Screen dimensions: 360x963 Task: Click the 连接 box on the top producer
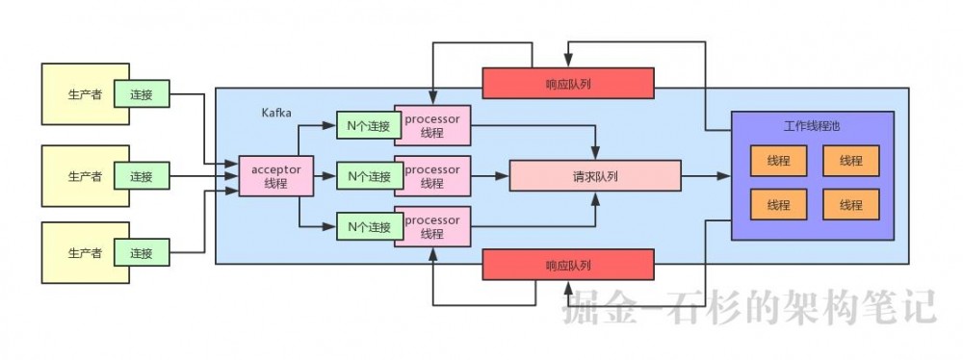[142, 94]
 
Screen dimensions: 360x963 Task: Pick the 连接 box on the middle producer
[142, 176]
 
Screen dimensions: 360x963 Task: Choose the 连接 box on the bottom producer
[142, 253]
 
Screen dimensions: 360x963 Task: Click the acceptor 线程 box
[275, 176]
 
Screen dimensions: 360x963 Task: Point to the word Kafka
[278, 113]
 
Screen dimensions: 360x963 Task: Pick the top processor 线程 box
[432, 125]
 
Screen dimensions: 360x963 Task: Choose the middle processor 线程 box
[432, 176]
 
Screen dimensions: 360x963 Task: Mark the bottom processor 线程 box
[432, 227]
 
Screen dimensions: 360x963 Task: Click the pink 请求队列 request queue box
[594, 176]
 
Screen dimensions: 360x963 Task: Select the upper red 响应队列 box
[567, 83]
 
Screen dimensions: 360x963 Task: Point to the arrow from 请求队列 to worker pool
[706, 176]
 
